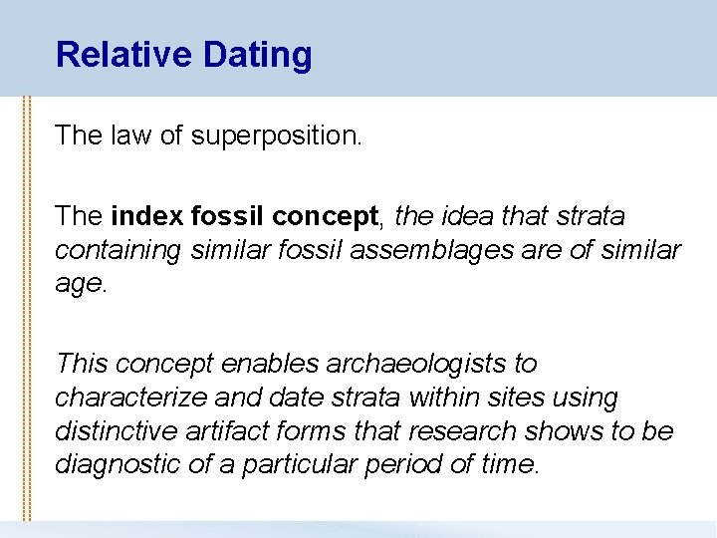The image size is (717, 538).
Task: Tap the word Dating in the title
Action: coord(257,55)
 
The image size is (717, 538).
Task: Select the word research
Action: coord(477,431)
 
